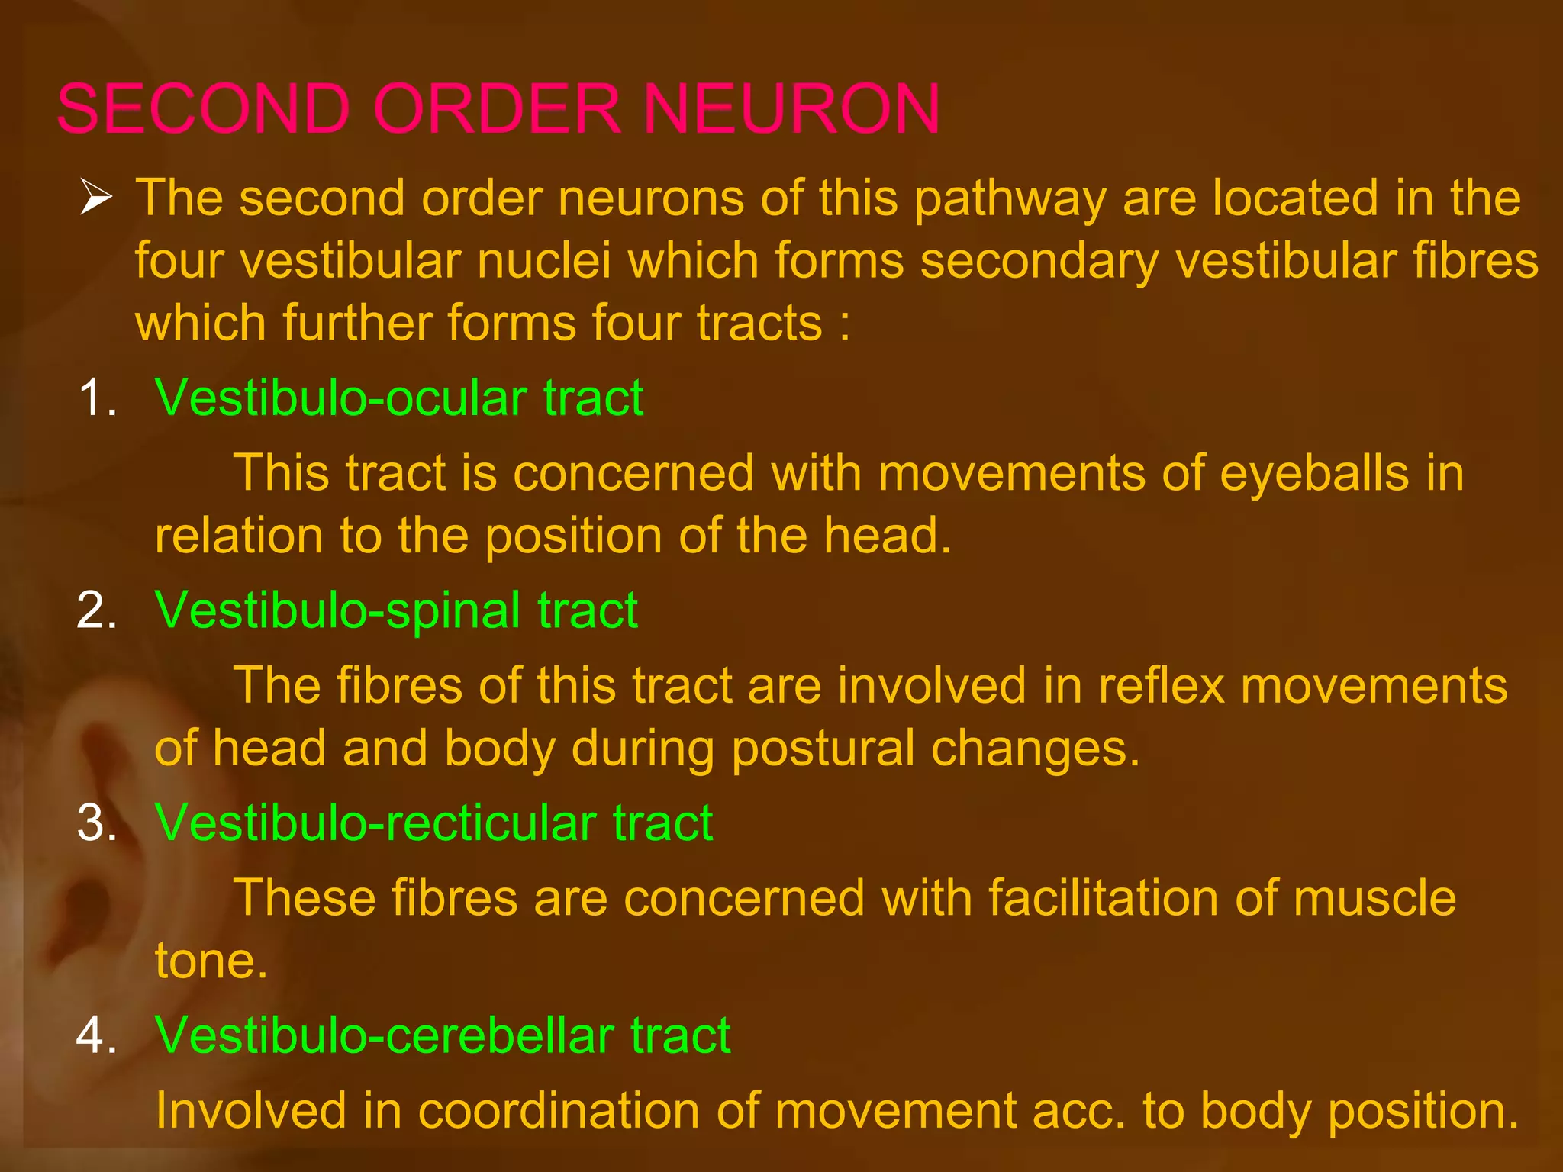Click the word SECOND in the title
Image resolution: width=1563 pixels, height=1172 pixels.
tap(203, 108)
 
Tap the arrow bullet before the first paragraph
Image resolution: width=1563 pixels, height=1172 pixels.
tap(96, 198)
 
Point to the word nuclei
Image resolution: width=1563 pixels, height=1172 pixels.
tap(544, 261)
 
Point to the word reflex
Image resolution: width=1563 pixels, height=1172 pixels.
tap(1161, 685)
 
